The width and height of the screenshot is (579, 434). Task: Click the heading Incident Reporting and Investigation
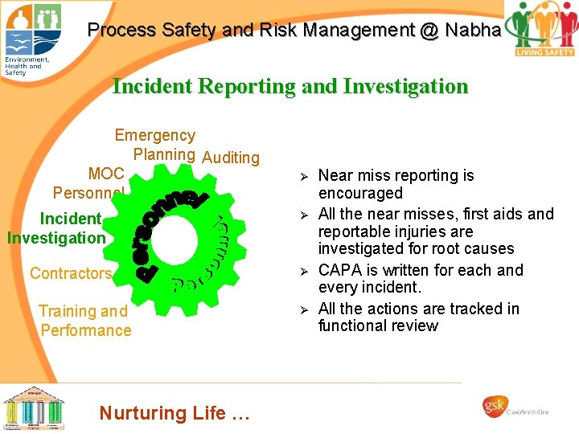click(289, 86)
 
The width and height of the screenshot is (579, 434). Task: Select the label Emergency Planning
click(156, 145)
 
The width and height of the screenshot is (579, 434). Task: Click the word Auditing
click(231, 158)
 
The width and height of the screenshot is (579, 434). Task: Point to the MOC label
click(106, 174)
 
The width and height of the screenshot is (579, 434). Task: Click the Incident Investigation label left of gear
click(56, 228)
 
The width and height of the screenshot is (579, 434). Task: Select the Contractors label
click(71, 273)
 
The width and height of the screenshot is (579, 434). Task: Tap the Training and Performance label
click(84, 321)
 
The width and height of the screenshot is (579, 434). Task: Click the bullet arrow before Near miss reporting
click(304, 176)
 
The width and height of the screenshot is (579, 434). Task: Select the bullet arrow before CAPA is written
click(304, 271)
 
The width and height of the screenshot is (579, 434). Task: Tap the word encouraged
click(360, 193)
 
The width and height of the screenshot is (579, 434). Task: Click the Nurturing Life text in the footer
click(175, 413)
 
